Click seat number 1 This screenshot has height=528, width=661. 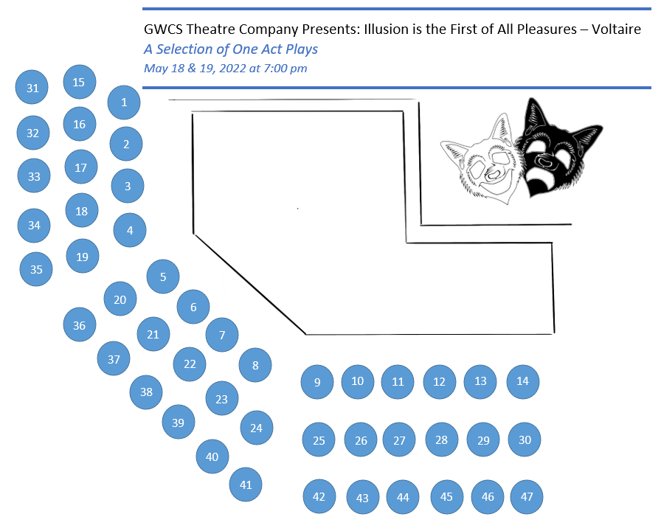[124, 103]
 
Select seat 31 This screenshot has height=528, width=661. [32, 88]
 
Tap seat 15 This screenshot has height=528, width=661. [79, 82]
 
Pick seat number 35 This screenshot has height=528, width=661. [36, 269]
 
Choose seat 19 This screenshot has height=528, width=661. [82, 257]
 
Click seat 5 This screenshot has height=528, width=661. [163, 277]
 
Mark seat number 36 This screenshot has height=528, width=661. [80, 325]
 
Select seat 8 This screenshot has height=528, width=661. [255, 365]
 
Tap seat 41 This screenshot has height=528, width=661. [246, 484]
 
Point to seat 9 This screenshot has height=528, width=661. [317, 382]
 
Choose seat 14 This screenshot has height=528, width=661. [523, 381]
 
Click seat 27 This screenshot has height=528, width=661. [399, 440]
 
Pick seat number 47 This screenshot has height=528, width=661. [527, 496]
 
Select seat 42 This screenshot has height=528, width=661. [319, 496]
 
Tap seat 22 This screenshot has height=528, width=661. [190, 364]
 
